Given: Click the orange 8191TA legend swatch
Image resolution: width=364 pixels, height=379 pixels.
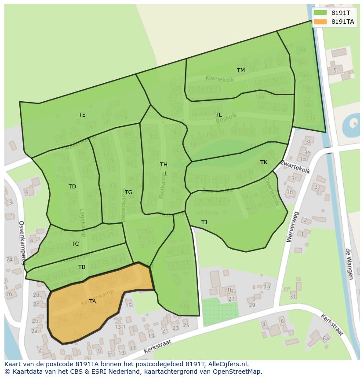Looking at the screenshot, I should pos(321,22).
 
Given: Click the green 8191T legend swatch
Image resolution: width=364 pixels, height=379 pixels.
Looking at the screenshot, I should pos(321,13).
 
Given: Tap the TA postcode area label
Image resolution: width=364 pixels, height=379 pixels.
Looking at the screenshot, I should pos(92,302).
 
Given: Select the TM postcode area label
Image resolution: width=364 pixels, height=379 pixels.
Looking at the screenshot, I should pos(241,70).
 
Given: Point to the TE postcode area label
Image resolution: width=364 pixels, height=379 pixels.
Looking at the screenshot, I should pos(82,115).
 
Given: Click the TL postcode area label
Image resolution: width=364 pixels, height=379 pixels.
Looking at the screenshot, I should pos(218,115).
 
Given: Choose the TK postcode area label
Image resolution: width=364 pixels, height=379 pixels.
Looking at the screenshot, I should pos(263,162).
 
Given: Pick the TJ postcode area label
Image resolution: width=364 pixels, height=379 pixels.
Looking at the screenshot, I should pos(204,222).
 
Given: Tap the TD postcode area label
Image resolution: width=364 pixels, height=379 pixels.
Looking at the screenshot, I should pos(72,187).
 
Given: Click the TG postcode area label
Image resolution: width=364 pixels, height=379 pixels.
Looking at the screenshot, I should pos(128,192).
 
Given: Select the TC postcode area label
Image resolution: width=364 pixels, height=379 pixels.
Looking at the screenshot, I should pos(75,244).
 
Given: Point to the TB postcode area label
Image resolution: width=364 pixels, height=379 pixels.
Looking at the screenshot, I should pos(82,267).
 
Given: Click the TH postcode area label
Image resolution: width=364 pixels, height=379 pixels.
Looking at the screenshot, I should pos(164,165).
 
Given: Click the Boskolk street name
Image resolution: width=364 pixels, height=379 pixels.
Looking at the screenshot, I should pos(226,118).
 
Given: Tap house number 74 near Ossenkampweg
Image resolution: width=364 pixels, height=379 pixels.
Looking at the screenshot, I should pos(9,260).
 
